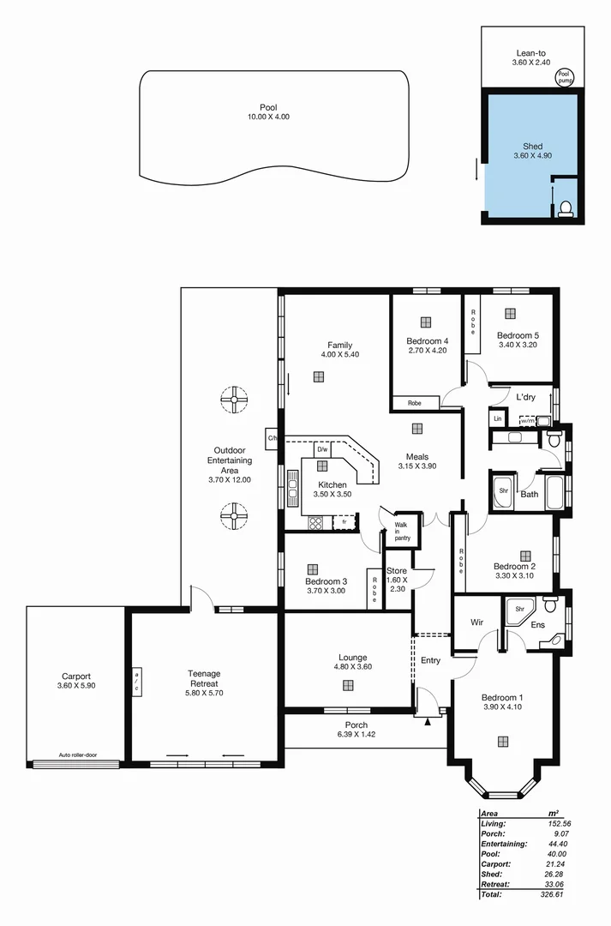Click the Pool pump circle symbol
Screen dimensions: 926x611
coord(563,76)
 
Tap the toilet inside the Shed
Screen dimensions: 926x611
coord(565,208)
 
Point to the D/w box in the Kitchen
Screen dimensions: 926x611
coord(322,448)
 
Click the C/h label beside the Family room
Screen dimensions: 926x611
coord(273,438)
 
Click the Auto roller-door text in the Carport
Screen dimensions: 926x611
coord(76,755)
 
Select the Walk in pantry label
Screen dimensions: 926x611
coord(402,532)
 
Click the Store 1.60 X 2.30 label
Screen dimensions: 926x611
coord(397,580)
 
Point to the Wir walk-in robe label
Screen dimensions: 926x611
coord(478,622)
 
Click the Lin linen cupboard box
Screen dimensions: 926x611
coord(497,418)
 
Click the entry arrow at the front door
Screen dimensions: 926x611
coord(427,722)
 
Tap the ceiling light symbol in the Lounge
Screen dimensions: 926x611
coord(348,684)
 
